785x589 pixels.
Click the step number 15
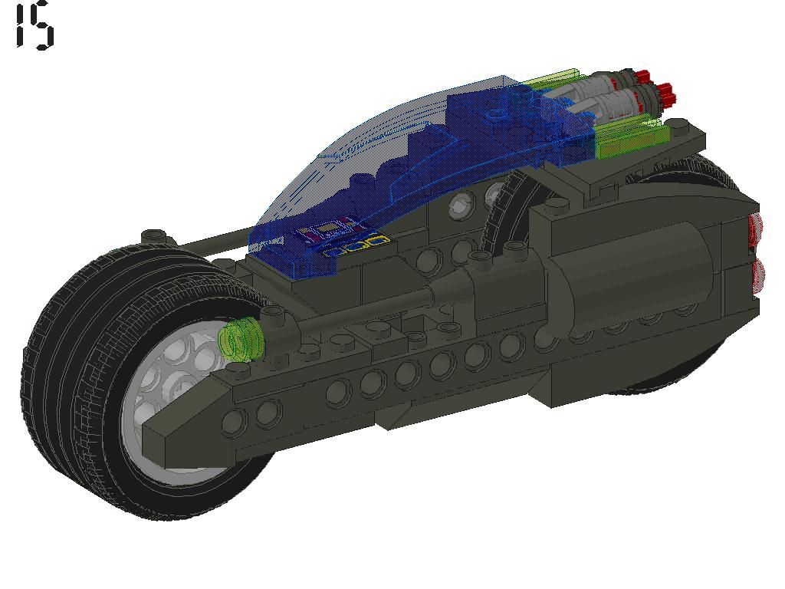[34, 26]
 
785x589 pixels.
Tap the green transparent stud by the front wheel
[241, 337]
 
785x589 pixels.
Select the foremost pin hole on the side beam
[235, 420]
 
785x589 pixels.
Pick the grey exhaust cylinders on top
[606, 96]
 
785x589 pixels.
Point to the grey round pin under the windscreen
[461, 205]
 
